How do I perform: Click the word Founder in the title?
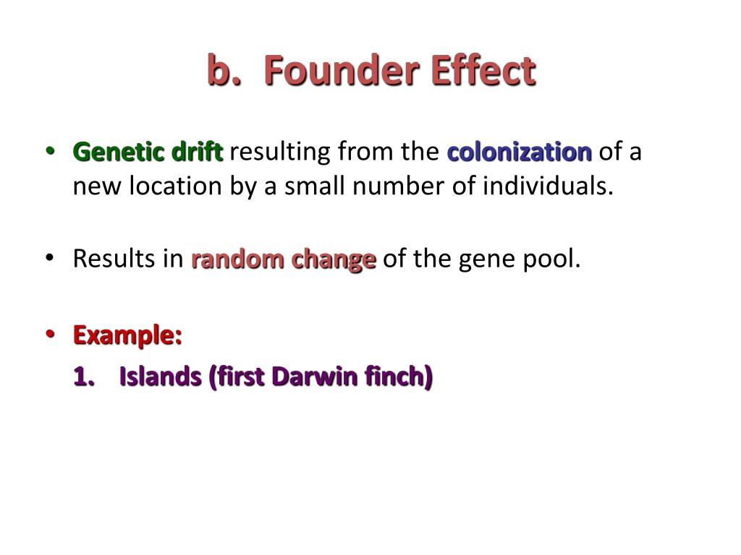point(336,71)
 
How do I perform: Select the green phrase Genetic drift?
point(148,152)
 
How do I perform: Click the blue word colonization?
point(520,152)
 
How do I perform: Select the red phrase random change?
point(284,259)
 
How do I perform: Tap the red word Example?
point(127,335)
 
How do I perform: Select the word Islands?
point(160,376)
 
